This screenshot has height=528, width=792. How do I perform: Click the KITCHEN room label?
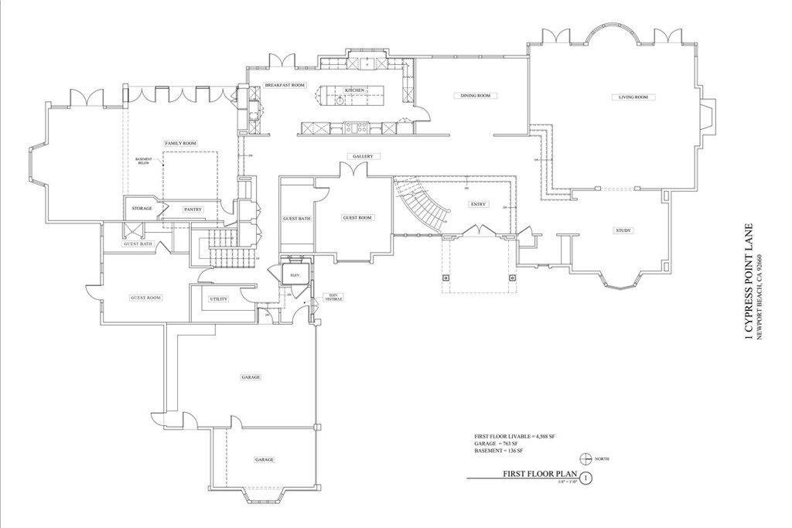(x=354, y=90)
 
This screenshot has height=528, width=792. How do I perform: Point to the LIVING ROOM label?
(x=633, y=97)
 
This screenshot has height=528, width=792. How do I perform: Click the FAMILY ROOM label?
(x=180, y=144)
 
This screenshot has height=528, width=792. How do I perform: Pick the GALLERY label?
(x=363, y=156)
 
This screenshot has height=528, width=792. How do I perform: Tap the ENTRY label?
(x=477, y=204)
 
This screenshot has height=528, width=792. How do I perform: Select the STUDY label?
(x=623, y=230)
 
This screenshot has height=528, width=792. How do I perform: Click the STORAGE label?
(x=142, y=209)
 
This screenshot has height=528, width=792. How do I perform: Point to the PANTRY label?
(x=192, y=209)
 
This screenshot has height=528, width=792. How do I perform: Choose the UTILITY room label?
(x=218, y=298)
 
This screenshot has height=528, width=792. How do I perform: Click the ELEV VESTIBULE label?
(x=333, y=296)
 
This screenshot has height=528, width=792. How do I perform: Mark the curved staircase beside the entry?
(x=418, y=206)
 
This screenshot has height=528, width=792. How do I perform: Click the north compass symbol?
(x=585, y=458)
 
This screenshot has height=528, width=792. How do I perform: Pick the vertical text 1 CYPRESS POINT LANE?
(x=749, y=282)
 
